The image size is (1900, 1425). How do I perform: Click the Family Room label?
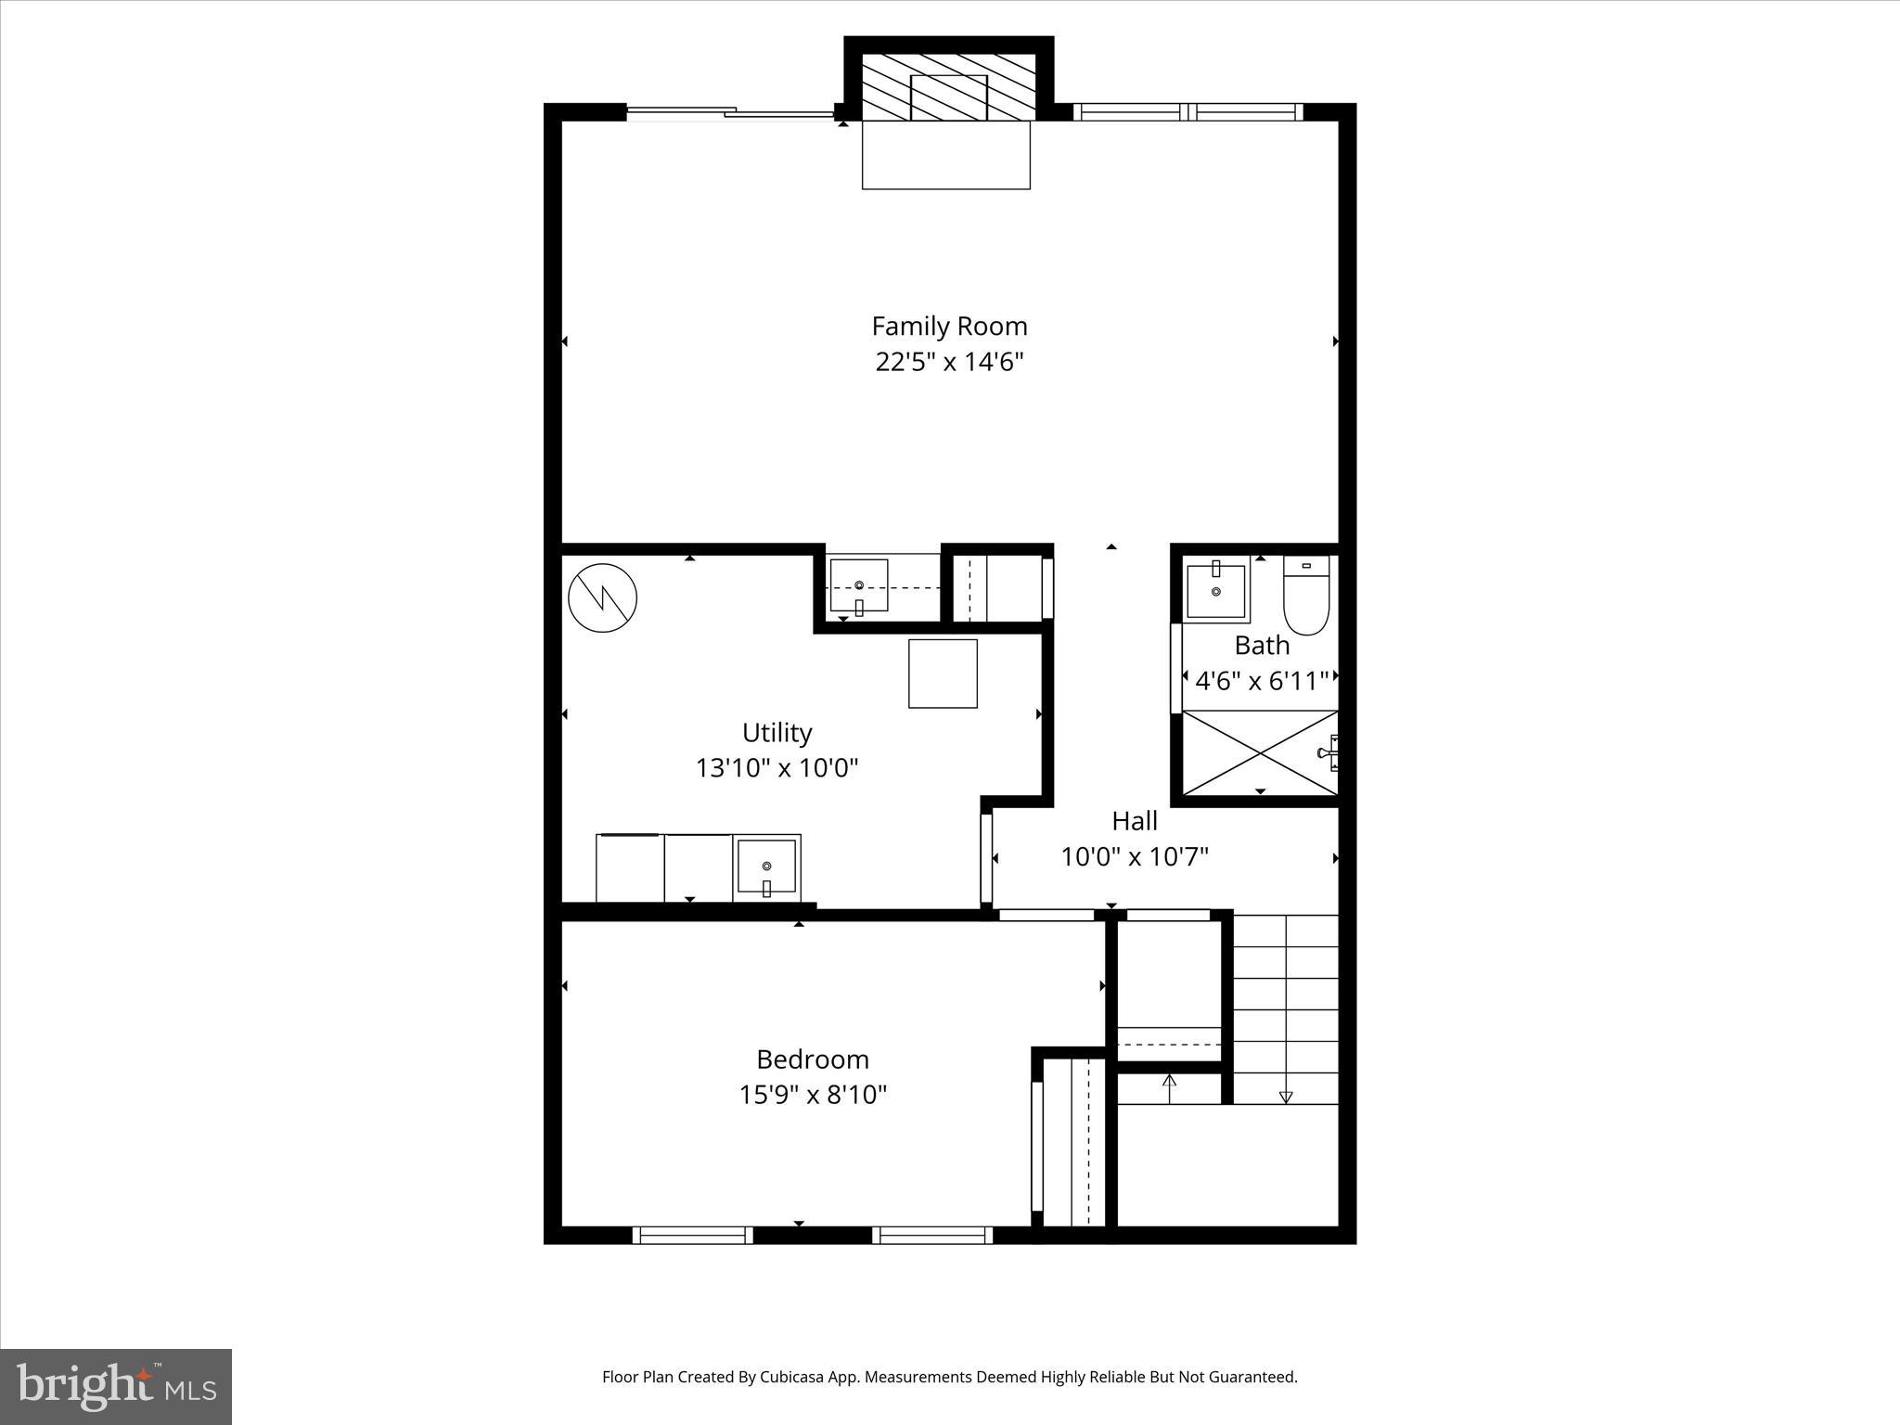949,327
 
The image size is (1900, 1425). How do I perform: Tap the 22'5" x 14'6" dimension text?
949,362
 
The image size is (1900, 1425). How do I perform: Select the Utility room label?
777,733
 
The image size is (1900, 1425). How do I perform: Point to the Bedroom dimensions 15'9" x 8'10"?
813,1096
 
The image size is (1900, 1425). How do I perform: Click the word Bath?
1261,645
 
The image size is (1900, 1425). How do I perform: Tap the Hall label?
1134,821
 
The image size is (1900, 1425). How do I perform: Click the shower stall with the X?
1259,752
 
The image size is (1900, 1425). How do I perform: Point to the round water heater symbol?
602,598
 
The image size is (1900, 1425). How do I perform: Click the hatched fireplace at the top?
948,86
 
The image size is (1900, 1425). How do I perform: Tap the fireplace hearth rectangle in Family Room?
945,155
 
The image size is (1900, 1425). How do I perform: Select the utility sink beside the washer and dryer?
766,867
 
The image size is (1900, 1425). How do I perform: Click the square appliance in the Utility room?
943,674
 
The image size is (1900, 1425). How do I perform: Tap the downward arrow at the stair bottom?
1285,1097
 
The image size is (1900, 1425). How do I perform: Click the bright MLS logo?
116,1386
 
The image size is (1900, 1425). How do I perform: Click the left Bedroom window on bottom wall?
692,1235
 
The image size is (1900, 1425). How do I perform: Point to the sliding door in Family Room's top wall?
730,113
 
